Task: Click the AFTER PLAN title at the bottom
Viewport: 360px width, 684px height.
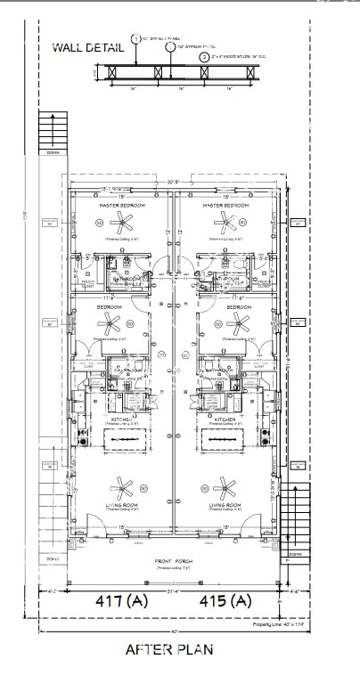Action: click(x=169, y=648)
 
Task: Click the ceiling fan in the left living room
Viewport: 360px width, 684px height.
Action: click(x=122, y=486)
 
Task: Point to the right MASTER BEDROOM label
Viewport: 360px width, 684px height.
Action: click(x=225, y=205)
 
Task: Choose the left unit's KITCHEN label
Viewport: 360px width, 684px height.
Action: click(x=122, y=418)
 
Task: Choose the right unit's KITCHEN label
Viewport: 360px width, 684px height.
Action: click(x=225, y=418)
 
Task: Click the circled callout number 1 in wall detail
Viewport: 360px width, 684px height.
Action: click(x=135, y=39)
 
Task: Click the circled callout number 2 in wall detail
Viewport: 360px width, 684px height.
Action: click(x=204, y=56)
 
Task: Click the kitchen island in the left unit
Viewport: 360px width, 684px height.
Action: click(x=122, y=438)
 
